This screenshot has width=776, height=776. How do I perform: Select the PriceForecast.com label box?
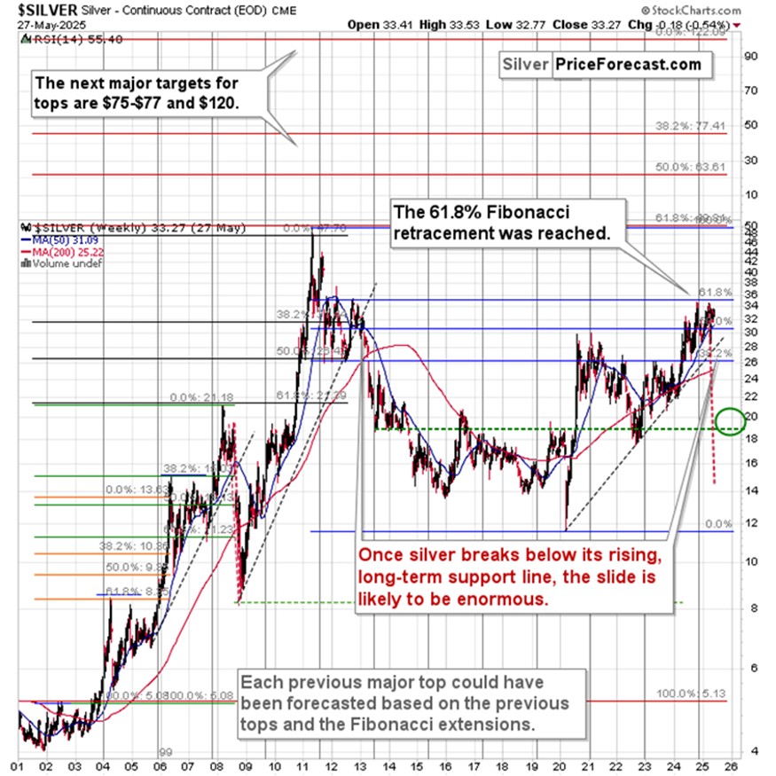coord(627,64)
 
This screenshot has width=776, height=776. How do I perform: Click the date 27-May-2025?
coord(42,26)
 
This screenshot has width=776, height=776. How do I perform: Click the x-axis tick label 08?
coord(216,764)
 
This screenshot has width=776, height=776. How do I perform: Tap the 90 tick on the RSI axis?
coord(749,56)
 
